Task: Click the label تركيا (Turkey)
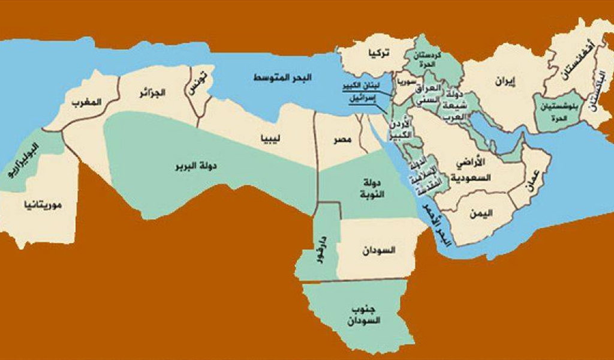380,54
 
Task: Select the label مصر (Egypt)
342,141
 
